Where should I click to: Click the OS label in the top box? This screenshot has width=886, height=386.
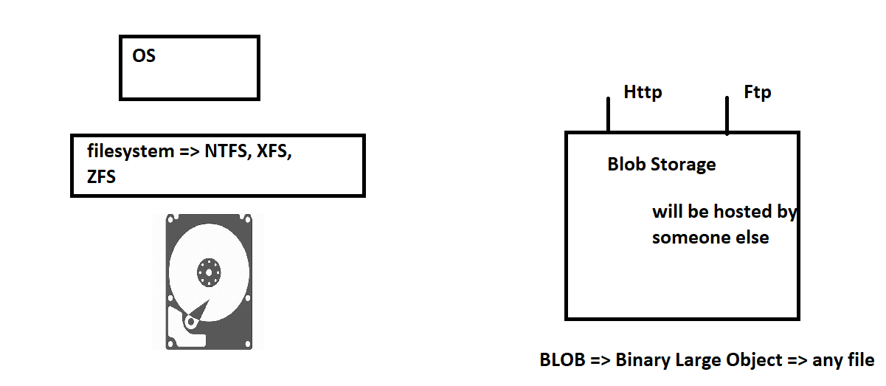144,56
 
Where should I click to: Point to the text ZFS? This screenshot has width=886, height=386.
101,176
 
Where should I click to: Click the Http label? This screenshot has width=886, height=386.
643,93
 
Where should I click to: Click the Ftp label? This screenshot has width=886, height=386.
758,93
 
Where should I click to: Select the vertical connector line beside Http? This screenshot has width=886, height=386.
609,114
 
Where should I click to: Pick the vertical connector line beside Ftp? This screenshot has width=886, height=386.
727,115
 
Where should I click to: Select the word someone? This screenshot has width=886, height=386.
691,238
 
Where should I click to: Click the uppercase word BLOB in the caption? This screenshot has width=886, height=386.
562,360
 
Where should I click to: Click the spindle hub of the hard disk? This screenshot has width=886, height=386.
209,272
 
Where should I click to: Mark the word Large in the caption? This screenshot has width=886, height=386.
697,361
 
